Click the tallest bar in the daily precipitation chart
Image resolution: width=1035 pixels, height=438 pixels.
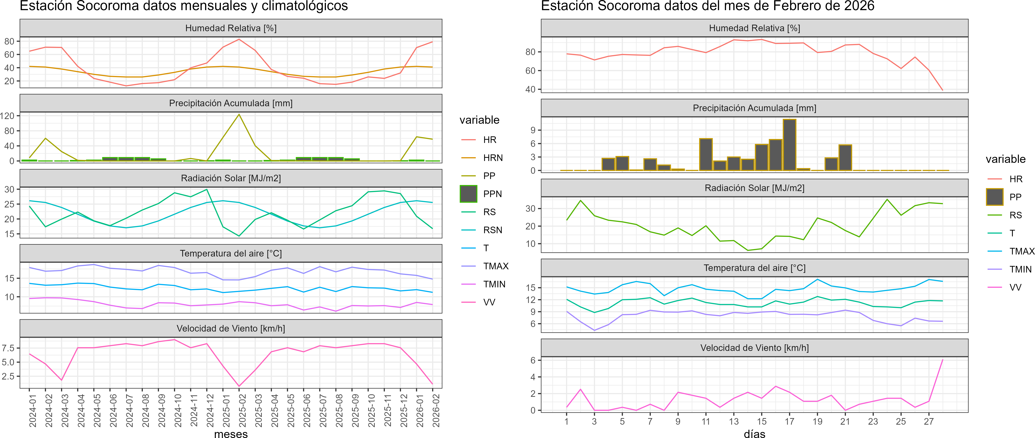point(789,145)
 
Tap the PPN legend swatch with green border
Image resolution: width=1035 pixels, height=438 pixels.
point(469,194)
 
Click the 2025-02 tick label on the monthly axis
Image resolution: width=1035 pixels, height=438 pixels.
point(243,410)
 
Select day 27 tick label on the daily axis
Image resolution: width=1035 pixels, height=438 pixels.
point(928,421)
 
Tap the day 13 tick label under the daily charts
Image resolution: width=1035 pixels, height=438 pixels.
point(734,421)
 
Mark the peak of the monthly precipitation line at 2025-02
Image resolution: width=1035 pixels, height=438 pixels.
point(239,115)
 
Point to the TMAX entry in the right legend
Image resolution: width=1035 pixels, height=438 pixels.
point(1021,251)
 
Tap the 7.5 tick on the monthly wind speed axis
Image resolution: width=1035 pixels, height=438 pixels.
point(8,348)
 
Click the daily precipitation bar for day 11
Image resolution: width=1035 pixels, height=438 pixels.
point(706,155)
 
